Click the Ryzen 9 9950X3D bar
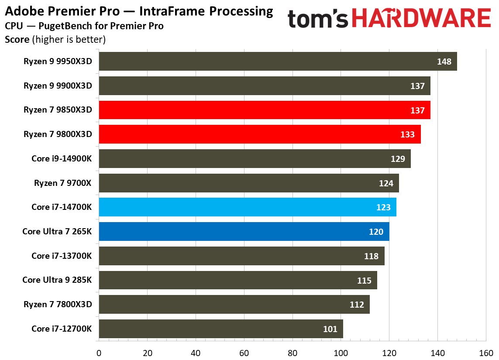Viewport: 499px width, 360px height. (278, 62)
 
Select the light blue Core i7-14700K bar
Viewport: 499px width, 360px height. (248, 207)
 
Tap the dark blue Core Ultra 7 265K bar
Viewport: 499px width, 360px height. (244, 232)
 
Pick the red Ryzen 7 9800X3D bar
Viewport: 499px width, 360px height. (260, 134)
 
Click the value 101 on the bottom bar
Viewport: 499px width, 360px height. (330, 329)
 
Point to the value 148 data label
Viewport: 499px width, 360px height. (444, 62)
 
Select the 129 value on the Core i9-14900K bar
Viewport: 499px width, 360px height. (398, 159)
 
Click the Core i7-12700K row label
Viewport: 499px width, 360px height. (62, 329)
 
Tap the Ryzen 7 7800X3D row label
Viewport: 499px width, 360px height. (58, 304)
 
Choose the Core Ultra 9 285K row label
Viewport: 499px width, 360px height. (57, 280)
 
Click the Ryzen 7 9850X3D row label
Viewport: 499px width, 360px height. (58, 110)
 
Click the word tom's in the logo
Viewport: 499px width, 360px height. (318, 19)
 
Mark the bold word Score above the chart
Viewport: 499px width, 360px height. (17, 40)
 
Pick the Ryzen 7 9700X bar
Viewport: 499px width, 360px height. (249, 183)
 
